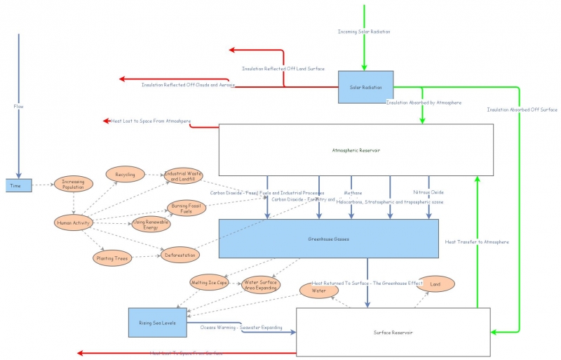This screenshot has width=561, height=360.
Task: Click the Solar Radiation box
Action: [x=365, y=87]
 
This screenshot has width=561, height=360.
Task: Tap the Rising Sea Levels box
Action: [x=157, y=322]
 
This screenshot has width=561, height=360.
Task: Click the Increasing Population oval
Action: [x=74, y=185]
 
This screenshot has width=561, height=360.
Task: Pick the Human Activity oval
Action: [x=73, y=223]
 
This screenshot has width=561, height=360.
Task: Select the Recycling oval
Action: [x=126, y=173]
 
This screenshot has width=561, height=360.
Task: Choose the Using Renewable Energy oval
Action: [x=151, y=224]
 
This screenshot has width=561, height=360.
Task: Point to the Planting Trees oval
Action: [x=112, y=258]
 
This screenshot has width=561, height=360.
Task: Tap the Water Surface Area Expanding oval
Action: [x=260, y=284]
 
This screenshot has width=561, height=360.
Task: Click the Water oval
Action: [x=318, y=289]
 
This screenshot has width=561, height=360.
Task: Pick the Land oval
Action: [x=435, y=284]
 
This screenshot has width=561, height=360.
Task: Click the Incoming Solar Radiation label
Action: [x=364, y=32]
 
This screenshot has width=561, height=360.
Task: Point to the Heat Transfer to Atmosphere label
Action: [x=477, y=241]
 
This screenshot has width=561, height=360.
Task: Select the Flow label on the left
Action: [x=19, y=107]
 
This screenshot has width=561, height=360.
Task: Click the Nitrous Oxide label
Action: [x=429, y=192]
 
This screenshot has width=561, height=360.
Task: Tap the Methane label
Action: [x=353, y=192]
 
